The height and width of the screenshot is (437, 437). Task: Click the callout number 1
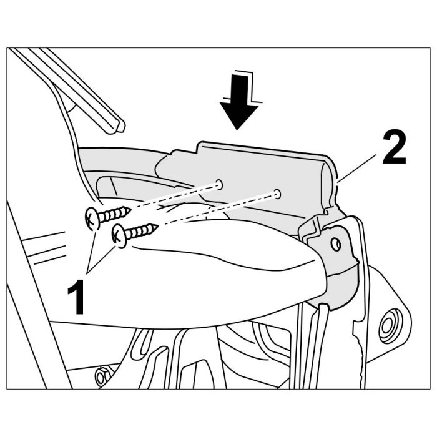point(76,297)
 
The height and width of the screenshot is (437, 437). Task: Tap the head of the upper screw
point(91,219)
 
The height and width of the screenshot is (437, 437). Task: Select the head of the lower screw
point(119,236)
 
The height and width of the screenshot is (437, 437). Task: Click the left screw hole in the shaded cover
point(220,185)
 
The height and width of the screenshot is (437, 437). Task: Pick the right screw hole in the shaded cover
point(277,194)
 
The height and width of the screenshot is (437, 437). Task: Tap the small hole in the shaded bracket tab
point(336,245)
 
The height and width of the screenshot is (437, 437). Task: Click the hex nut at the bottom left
point(101,377)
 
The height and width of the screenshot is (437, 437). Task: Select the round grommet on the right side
point(390,325)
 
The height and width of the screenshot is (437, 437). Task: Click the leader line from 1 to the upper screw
point(91,251)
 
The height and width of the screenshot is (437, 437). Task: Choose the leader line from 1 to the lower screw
point(101,259)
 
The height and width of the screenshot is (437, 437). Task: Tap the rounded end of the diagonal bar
point(120,127)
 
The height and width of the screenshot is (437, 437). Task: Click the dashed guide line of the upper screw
point(174,196)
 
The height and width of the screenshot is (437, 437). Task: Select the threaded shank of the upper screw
point(114,214)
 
